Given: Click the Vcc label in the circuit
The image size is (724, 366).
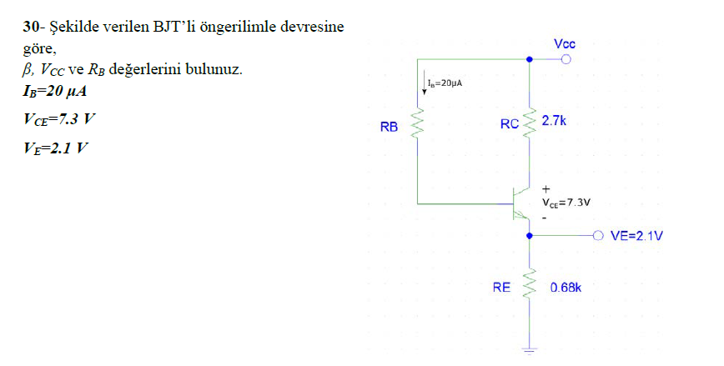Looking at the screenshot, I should coord(564,43).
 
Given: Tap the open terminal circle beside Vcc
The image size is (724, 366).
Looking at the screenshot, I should coord(566,59).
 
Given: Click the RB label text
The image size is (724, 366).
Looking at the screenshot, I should coord(389,128).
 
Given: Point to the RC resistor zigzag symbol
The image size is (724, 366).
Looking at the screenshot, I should coord(529,123).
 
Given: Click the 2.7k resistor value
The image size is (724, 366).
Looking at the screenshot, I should coord(554,121).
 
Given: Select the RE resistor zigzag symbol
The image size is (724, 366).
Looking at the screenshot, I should coord(529,286).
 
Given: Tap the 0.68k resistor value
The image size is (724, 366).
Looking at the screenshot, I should coord(565,288).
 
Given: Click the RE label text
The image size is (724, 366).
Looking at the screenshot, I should coord(500,288).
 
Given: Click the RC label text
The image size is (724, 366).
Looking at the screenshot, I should coord(510,124).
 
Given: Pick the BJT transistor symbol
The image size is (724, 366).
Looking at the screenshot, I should coord(520,203).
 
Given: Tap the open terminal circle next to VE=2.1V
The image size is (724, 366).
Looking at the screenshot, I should coord(596,236).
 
